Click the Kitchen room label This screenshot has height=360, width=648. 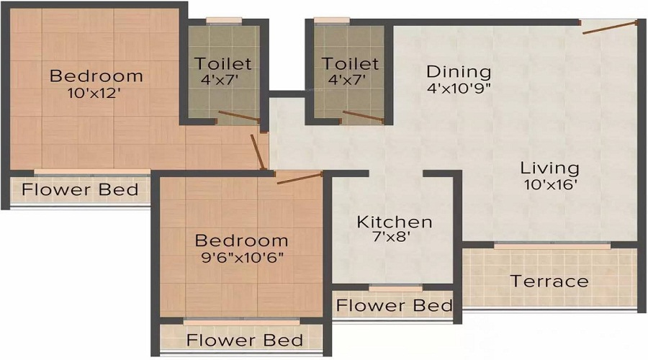point(395,222)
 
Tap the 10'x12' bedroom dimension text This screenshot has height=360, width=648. point(94,94)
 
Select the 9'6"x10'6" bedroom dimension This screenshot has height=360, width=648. point(242,258)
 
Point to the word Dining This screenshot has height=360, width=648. point(459,72)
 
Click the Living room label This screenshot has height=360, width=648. point(549,168)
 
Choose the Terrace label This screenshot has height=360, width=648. point(549,282)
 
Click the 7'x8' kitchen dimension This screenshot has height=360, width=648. point(390,238)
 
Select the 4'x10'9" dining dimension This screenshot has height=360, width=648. point(459,89)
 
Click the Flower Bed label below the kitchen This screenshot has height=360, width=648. point(395,306)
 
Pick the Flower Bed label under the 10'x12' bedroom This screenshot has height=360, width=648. point(80,189)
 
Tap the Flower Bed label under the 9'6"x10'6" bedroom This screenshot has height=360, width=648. point(245,340)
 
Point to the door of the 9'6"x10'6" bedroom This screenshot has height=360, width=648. point(300,178)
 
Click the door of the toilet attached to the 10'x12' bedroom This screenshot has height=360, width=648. point(239,116)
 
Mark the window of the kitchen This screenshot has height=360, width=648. point(395,288)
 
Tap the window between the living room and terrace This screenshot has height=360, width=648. point(552,246)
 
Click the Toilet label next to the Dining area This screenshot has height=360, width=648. point(350,63)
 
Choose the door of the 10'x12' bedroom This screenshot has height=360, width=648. point(258,152)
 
